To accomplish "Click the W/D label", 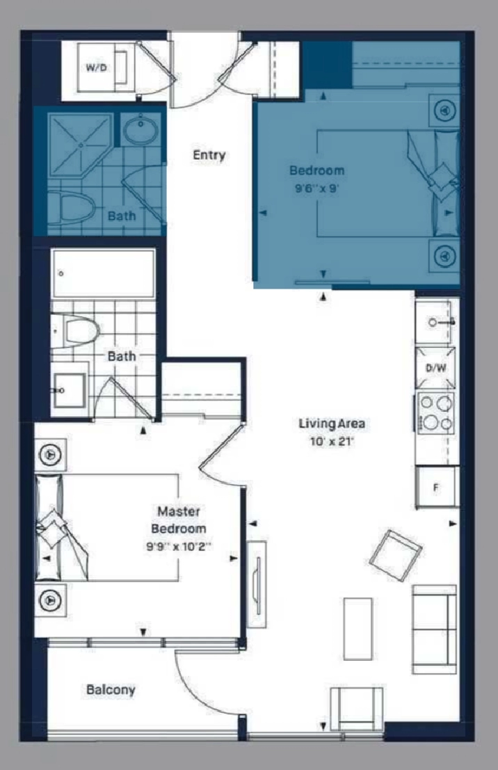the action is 96,67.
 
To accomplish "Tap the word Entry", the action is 209,155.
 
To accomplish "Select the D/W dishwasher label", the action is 435,368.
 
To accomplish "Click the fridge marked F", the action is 437,487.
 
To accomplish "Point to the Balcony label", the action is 111,689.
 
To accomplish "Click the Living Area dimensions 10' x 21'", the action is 332,442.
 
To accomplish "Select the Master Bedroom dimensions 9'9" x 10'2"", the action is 179,545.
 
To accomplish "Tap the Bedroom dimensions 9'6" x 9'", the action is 316,189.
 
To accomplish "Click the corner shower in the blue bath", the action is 81,145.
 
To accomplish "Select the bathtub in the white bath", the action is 103,273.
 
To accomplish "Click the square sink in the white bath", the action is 70,390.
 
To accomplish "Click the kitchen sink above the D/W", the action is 434,322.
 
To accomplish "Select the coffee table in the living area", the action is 358,629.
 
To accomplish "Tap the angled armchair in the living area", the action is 396,555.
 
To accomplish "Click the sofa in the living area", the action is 434,629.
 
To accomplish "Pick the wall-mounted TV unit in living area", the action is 257,584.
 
